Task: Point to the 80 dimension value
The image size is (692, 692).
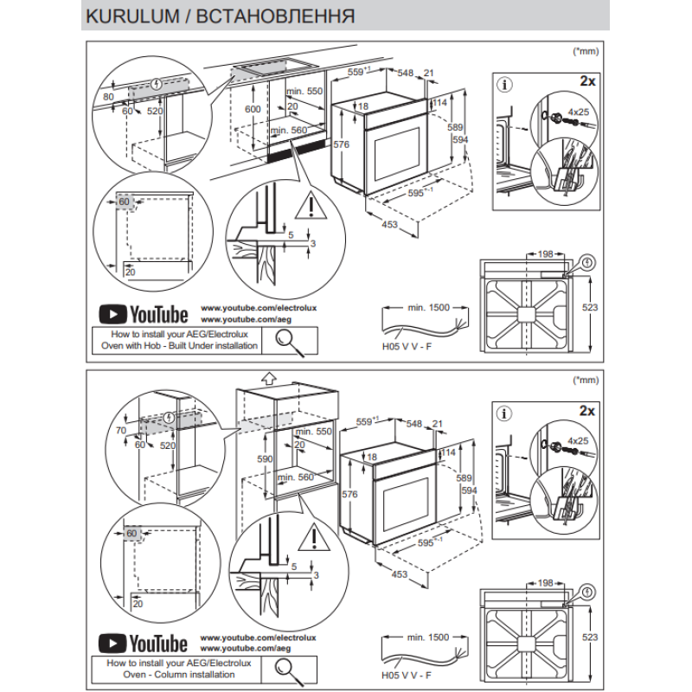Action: coord(108,96)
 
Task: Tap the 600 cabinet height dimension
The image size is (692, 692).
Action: coord(252,110)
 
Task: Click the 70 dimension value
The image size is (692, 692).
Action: coord(121,430)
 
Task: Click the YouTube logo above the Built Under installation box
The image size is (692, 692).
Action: coord(143,314)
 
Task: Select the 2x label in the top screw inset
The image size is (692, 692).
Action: coord(587,80)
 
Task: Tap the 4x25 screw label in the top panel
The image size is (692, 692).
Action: coord(578,113)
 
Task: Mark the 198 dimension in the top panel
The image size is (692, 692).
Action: coord(544,254)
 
